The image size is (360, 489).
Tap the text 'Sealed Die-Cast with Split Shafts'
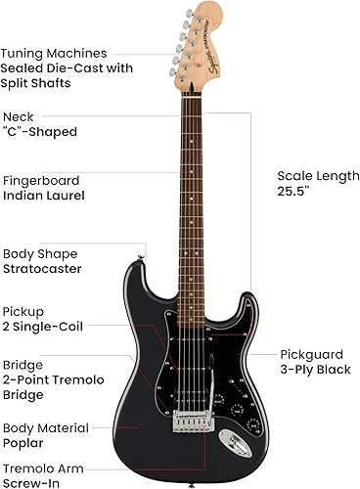[63, 77]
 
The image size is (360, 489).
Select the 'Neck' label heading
[18, 116]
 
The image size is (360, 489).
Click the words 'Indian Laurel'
[43, 196]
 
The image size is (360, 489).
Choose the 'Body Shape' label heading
[40, 251]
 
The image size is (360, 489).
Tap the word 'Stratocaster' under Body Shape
[42, 267]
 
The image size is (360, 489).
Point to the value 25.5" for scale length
[292, 193]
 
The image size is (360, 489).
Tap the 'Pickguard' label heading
[311, 353]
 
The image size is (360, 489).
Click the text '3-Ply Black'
[316, 370]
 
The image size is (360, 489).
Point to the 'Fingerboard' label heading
[40, 180]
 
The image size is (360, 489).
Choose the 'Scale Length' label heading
[316, 176]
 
